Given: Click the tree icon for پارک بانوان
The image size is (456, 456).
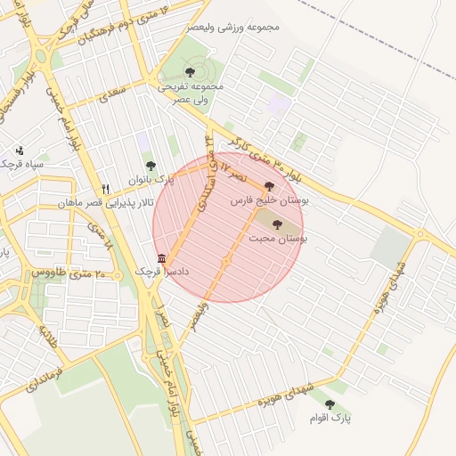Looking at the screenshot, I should [x=151, y=166].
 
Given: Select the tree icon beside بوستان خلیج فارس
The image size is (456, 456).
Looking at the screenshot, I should [x=270, y=186].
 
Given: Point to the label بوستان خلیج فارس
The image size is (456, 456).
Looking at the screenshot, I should [x=270, y=201].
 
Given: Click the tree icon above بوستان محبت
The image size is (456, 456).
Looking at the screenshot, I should [x=276, y=224].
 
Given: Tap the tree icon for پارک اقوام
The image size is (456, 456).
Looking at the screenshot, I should [x=330, y=404].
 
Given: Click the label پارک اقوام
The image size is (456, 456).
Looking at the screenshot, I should [x=330, y=418].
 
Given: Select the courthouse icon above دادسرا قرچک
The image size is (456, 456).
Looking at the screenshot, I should [x=160, y=257].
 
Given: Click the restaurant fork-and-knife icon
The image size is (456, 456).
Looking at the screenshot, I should [x=105, y=189].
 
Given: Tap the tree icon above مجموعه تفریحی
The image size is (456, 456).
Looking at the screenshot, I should [x=189, y=71].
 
